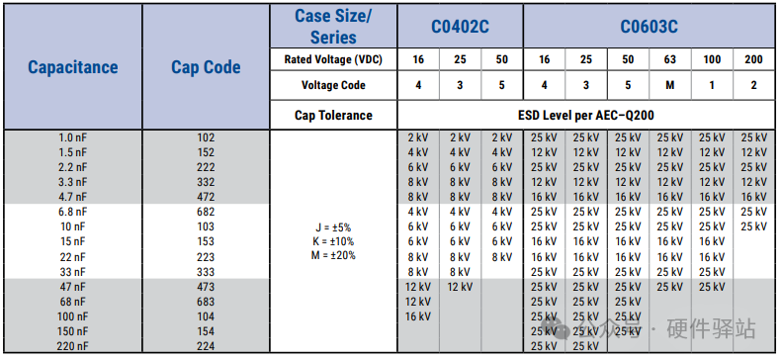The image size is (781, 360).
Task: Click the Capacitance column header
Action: pos(73,67)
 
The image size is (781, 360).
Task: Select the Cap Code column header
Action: pos(206,67)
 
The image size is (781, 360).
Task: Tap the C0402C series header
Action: pos(460,27)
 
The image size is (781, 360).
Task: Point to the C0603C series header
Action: pos(649,27)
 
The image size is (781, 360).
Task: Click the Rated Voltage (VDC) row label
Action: pos(333,59)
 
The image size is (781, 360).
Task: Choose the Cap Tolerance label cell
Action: pos(333,115)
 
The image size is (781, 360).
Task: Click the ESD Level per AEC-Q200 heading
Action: pos(585,115)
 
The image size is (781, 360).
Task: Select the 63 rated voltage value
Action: pos(670,59)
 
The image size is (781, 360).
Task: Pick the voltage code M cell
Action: pos(670,85)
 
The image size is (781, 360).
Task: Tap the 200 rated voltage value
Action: pos(753,59)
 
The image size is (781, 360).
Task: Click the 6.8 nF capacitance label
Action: pos(73,212)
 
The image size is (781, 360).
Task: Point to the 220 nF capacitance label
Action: pos(73,346)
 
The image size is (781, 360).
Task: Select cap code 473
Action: pos(206,287)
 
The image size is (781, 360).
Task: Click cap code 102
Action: pos(206,137)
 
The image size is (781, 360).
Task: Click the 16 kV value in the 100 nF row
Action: pos(418,316)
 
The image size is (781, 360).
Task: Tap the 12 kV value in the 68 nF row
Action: pos(418,302)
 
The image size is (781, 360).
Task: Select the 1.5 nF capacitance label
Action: pos(73,152)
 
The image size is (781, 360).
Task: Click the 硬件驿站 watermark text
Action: pos(712,329)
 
